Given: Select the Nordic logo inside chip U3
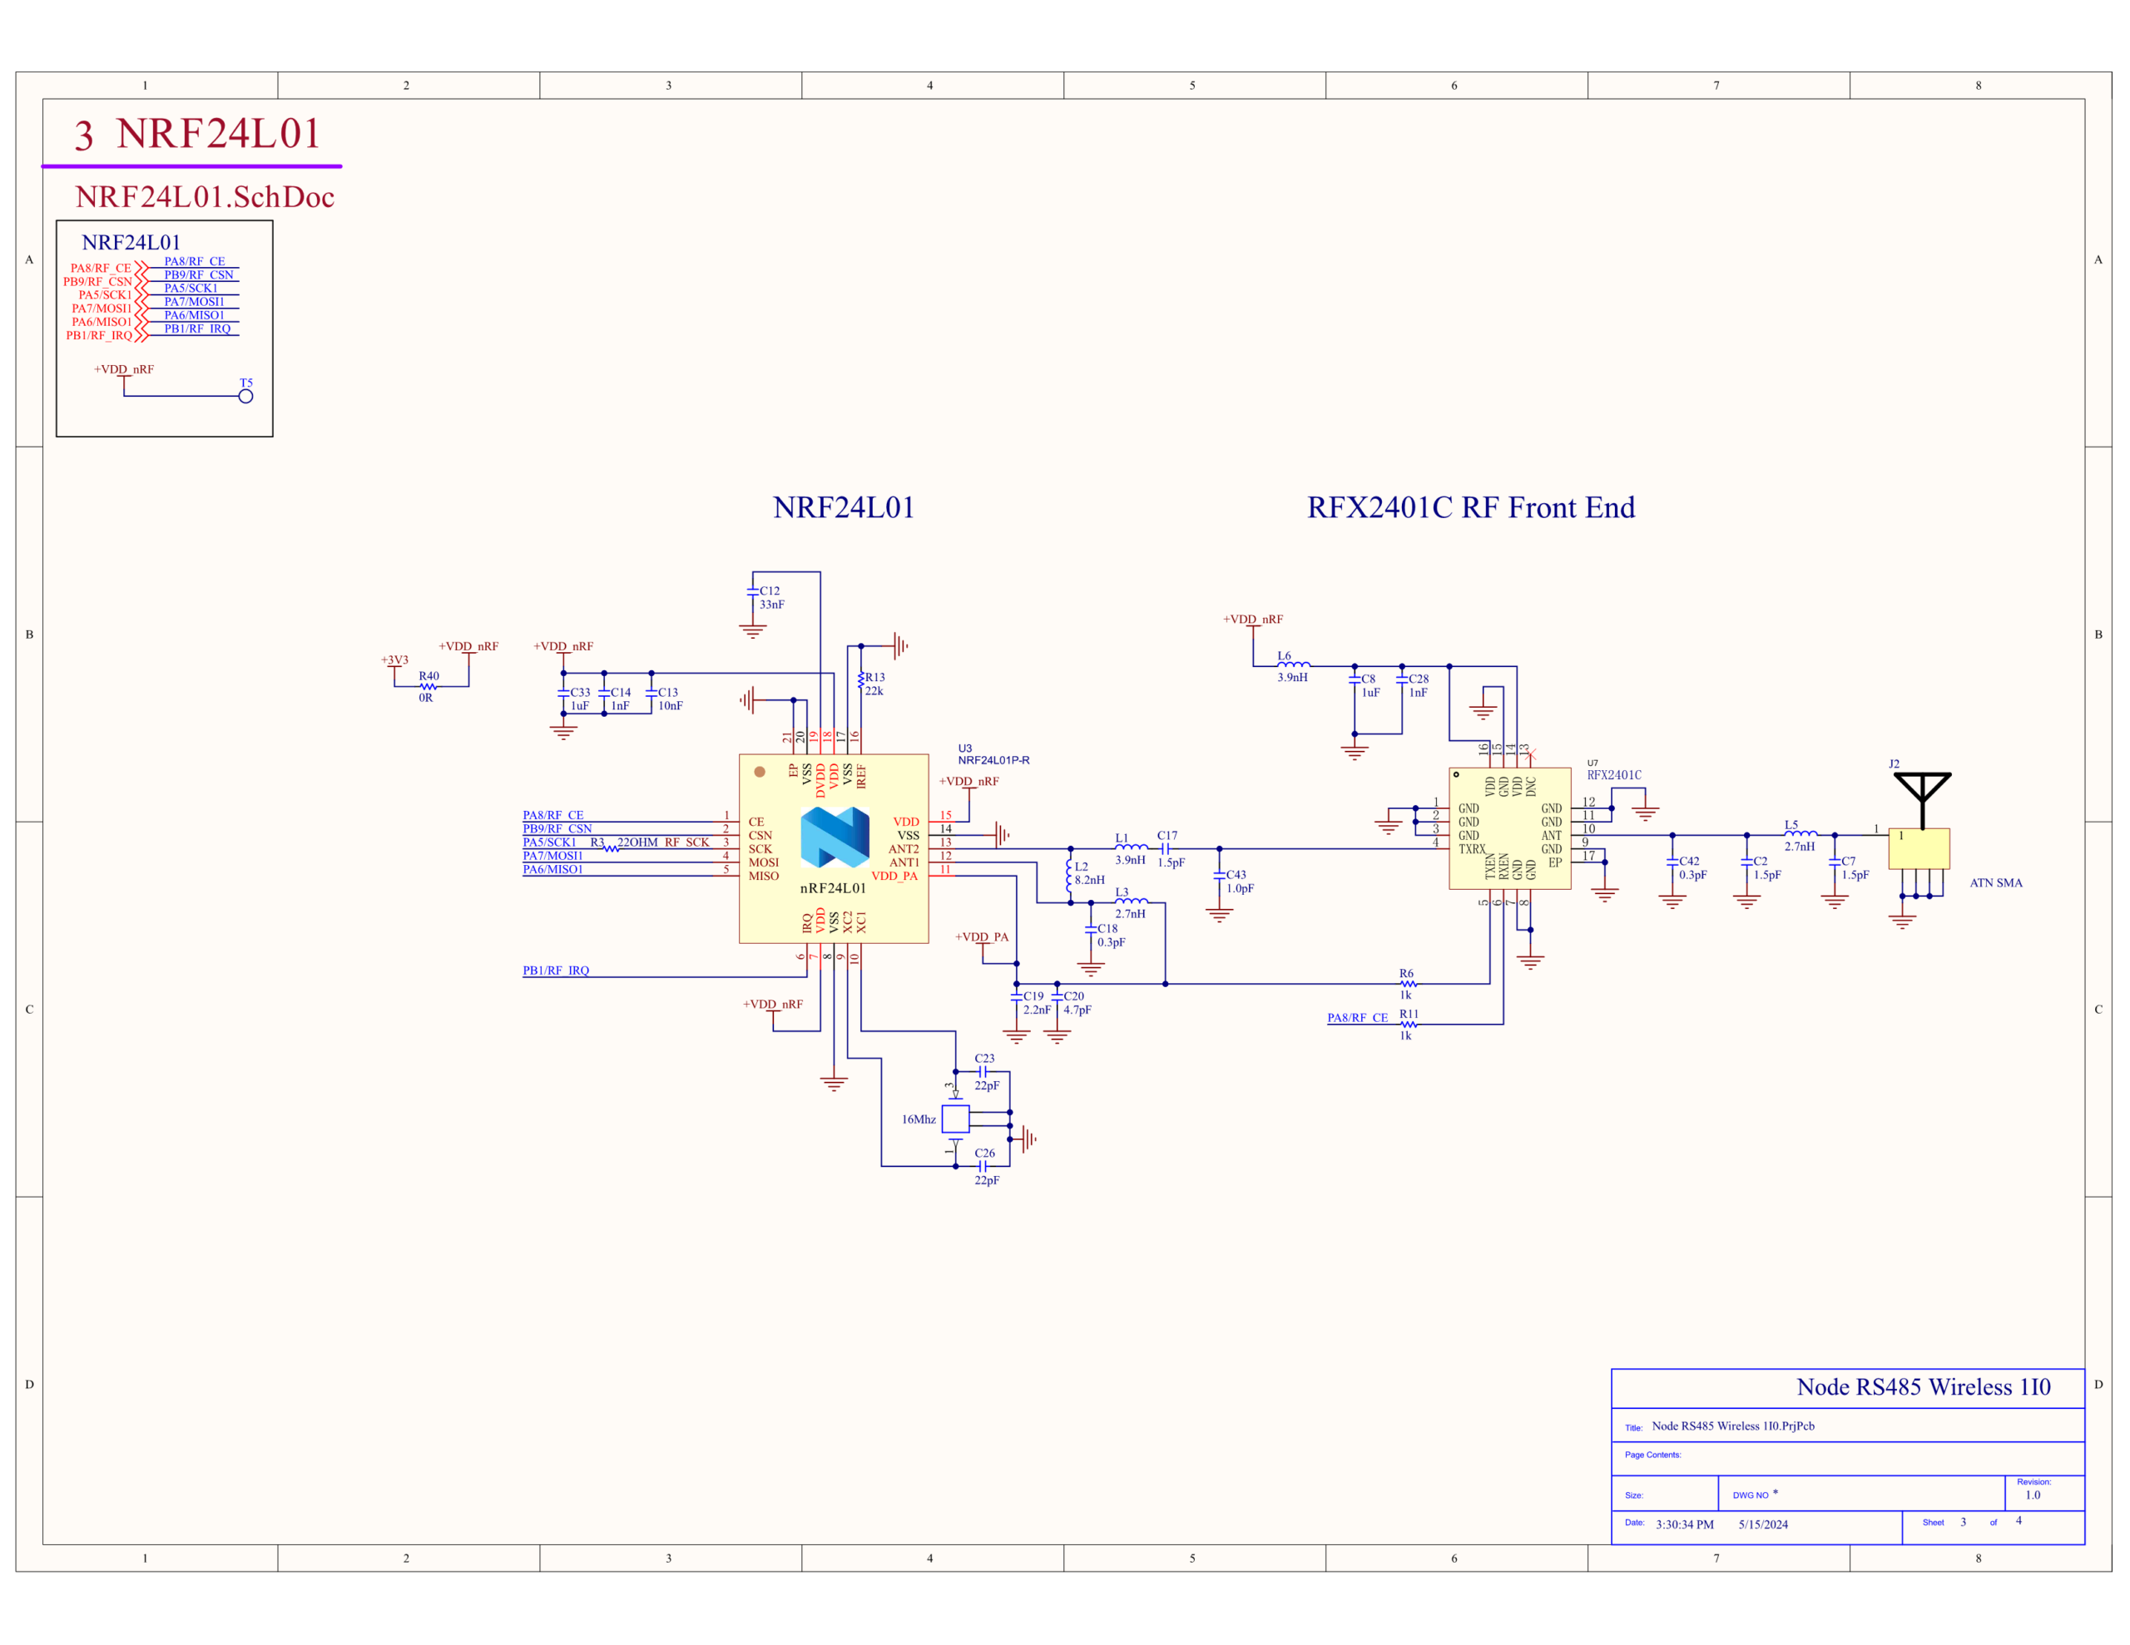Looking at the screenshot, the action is point(835,837).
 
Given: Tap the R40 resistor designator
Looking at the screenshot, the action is point(429,676).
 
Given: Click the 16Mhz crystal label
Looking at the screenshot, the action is point(919,1119).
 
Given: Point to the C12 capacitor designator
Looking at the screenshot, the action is point(770,591).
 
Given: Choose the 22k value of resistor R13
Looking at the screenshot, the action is point(874,691).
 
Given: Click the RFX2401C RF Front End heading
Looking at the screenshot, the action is point(1471,508).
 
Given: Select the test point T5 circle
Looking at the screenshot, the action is point(245,396).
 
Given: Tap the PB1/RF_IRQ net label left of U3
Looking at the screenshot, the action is point(556,971).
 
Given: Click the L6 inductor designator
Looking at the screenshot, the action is point(1285,656).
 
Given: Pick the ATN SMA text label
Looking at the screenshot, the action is point(1996,882).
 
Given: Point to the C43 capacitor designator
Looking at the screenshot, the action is point(1236,875).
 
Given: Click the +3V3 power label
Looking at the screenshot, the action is point(395,660).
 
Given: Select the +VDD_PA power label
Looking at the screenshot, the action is point(982,937).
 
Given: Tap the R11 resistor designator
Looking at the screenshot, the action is point(1409,1014).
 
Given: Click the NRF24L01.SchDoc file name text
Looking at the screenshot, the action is point(205,197).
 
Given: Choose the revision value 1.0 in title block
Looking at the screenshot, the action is point(2033,1494).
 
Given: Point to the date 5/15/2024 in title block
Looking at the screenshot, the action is point(1763,1524).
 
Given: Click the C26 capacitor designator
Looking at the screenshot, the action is point(985,1153).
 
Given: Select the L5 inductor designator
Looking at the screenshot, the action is point(1791,825).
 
